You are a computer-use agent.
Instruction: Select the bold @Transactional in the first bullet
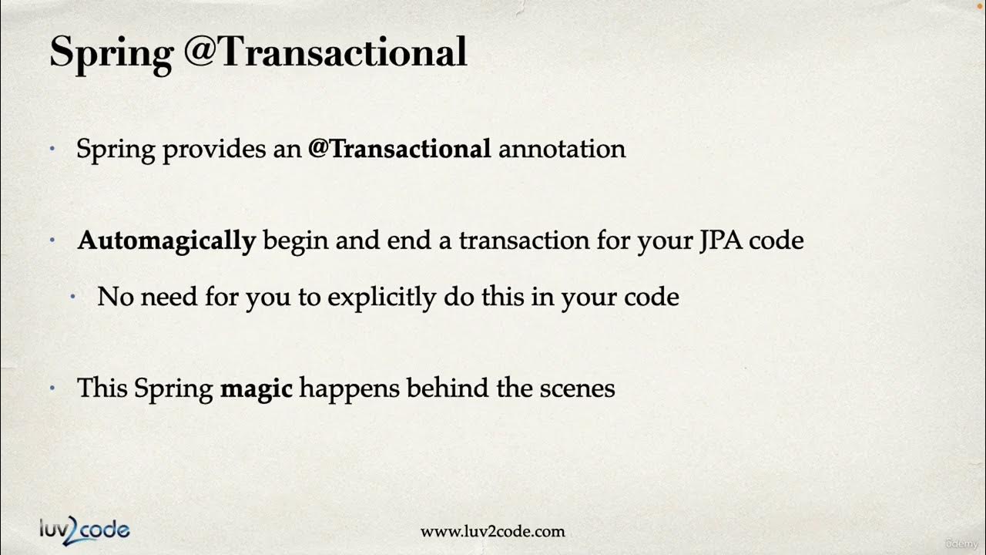399,149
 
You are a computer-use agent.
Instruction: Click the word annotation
562,149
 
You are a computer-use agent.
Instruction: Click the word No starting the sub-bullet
116,297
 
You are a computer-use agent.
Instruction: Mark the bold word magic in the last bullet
256,388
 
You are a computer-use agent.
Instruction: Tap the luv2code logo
85,530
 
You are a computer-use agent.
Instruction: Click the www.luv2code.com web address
492,532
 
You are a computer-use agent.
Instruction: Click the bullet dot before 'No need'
73,297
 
